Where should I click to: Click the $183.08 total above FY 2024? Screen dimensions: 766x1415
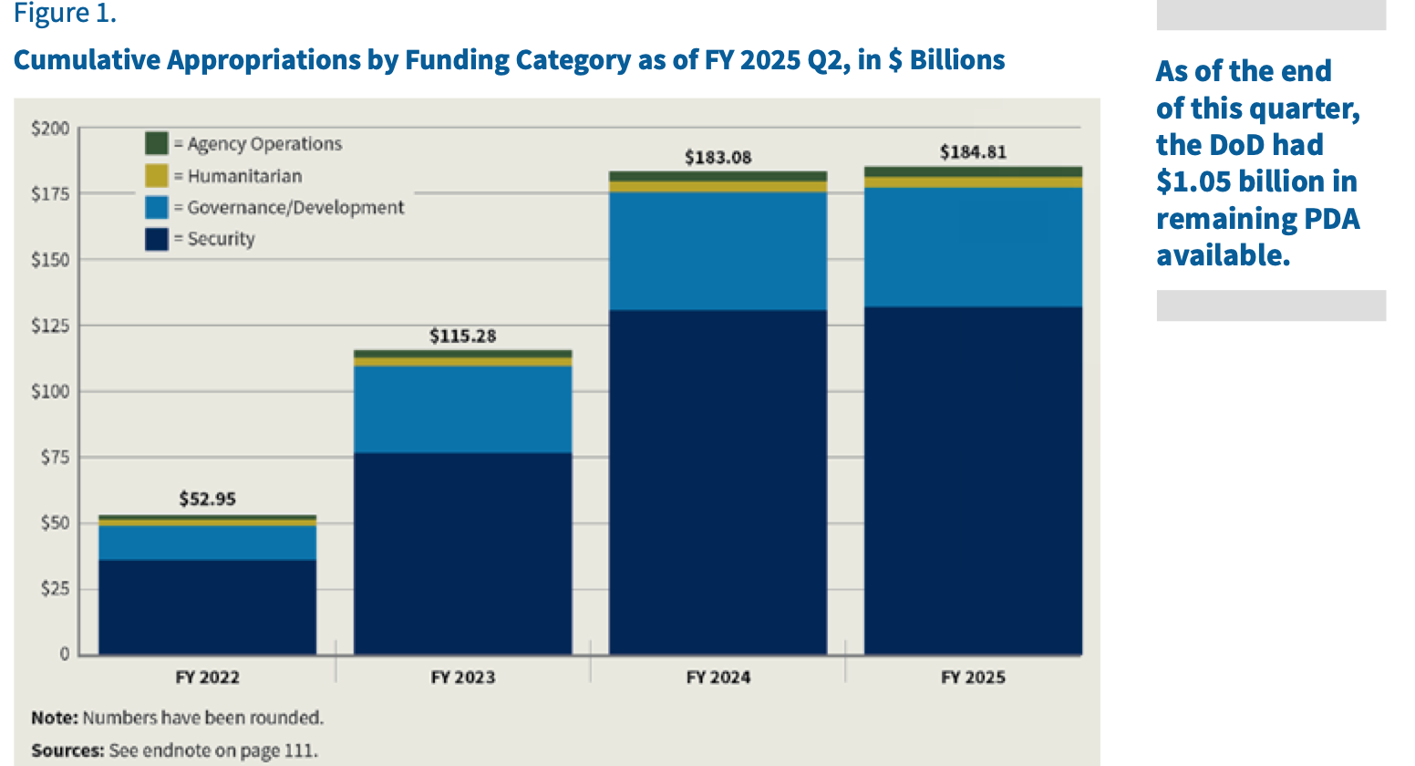tap(718, 157)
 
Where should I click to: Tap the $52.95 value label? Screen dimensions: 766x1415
tap(207, 499)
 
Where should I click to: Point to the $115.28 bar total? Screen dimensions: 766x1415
tap(462, 336)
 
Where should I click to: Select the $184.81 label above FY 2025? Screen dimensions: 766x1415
tap(973, 151)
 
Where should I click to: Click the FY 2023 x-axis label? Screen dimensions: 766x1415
tap(462, 677)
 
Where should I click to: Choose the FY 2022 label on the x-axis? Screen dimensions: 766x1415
tap(207, 677)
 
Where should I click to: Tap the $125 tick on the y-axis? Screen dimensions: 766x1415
tap(50, 326)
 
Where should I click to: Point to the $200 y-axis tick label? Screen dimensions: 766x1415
tap(50, 129)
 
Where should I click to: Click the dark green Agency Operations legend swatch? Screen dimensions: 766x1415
tap(157, 143)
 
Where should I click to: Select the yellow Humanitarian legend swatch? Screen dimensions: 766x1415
tap(157, 175)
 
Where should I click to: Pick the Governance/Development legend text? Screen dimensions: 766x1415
tap(295, 207)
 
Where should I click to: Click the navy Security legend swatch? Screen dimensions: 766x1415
tap(157, 239)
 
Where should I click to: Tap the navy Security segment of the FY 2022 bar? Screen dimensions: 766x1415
tap(207, 606)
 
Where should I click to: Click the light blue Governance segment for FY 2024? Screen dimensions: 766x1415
tap(718, 251)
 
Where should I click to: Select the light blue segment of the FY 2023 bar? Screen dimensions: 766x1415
tap(462, 409)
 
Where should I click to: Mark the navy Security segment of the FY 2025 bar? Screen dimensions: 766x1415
tap(973, 481)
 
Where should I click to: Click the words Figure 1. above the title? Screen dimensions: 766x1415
tap(65, 15)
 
